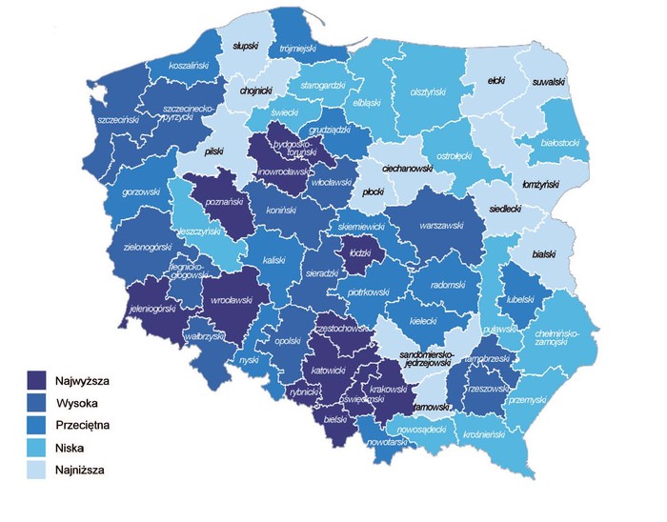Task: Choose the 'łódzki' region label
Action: pyautogui.click(x=362, y=252)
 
